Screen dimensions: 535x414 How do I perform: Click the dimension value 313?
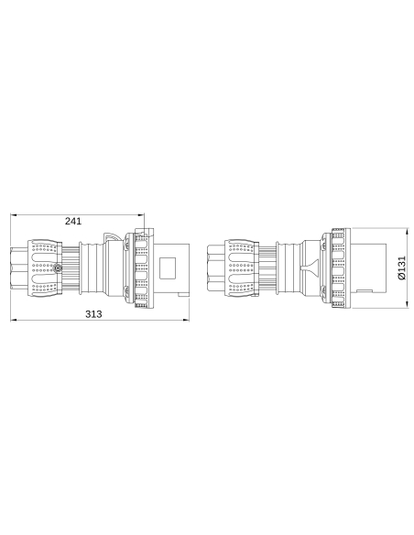point(93,314)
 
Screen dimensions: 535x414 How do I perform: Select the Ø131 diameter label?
point(400,267)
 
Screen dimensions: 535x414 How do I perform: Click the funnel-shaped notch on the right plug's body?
point(310,267)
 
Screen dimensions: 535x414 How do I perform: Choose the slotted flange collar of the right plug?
point(336,267)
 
